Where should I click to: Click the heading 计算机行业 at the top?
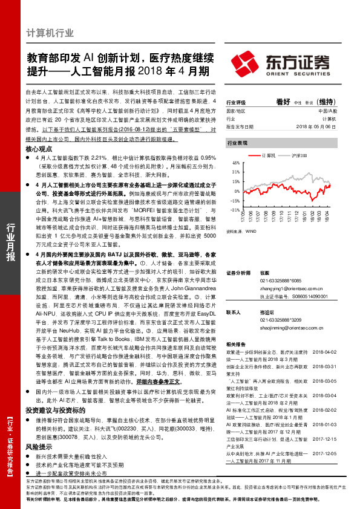pyautogui.click(x=50, y=33)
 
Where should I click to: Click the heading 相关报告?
pyautogui.click(x=235, y=343)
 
